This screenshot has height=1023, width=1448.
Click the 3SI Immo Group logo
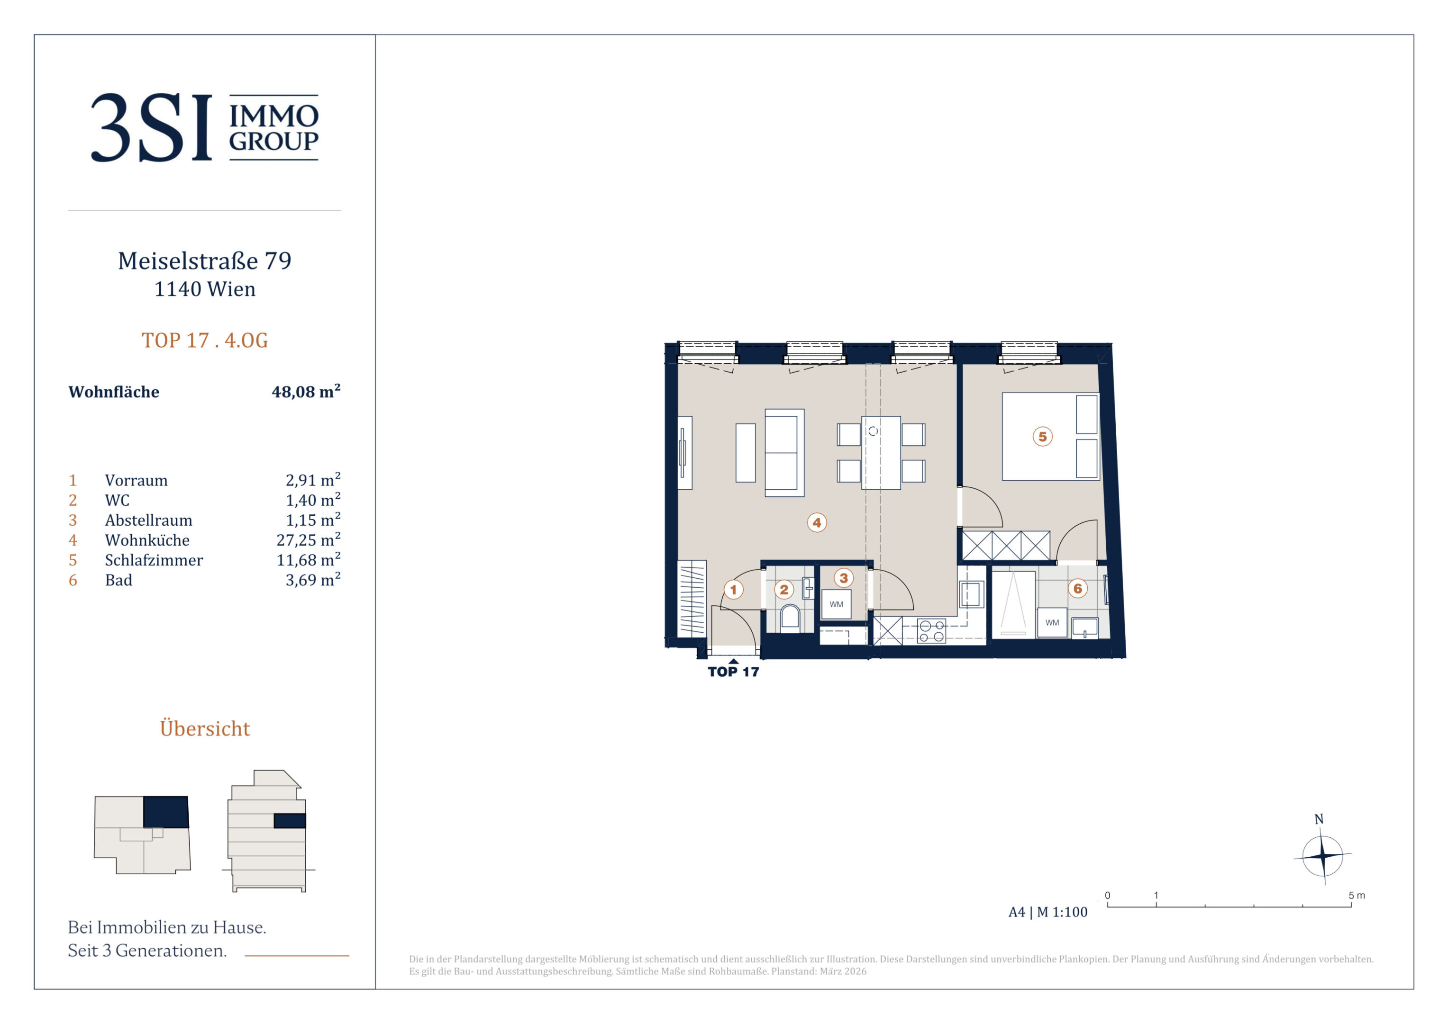tap(205, 127)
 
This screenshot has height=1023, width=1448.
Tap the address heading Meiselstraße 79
tap(205, 261)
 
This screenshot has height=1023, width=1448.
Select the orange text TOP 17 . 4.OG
tap(205, 341)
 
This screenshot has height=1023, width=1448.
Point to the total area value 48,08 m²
tap(306, 391)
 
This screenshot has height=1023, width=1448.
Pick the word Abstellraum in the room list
tap(149, 520)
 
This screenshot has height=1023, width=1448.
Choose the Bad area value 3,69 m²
tap(313, 579)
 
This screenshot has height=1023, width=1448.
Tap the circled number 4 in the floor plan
tap(817, 522)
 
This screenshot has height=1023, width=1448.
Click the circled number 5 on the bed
tap(1042, 436)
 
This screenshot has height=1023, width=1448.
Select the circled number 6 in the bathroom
tap(1078, 589)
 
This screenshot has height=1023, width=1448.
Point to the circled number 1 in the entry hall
tap(733, 590)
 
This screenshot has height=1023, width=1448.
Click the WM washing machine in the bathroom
tap(1052, 623)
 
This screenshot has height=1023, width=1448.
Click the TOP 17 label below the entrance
tap(733, 672)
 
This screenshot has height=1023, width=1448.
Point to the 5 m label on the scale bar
tap(1357, 896)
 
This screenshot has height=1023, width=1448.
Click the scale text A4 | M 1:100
tap(1048, 912)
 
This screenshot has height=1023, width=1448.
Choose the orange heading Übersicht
tap(205, 728)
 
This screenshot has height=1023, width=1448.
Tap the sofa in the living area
tap(784, 453)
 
